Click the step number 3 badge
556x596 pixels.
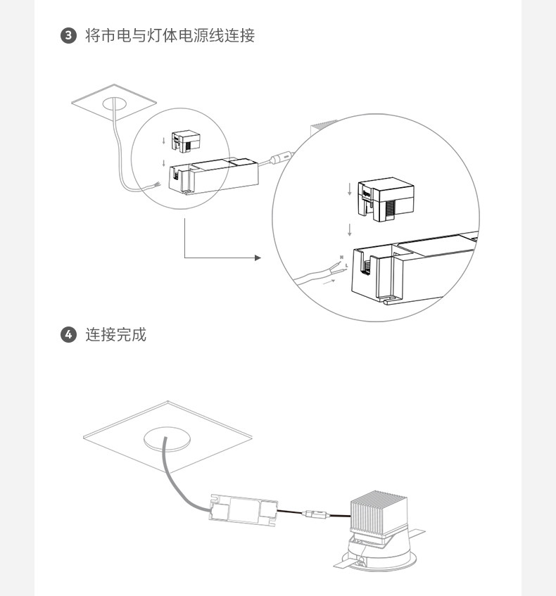tap(68, 36)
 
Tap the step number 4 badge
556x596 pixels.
tap(68, 335)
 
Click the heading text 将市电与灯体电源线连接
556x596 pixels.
tap(170, 36)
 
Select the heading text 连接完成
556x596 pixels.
tap(116, 335)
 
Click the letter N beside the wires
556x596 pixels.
tap(341, 258)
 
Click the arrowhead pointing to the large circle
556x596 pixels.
tap(258, 258)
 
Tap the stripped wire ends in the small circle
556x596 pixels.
tap(157, 185)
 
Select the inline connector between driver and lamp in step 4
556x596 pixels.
tap(315, 514)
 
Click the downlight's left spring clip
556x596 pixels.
tap(346, 564)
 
